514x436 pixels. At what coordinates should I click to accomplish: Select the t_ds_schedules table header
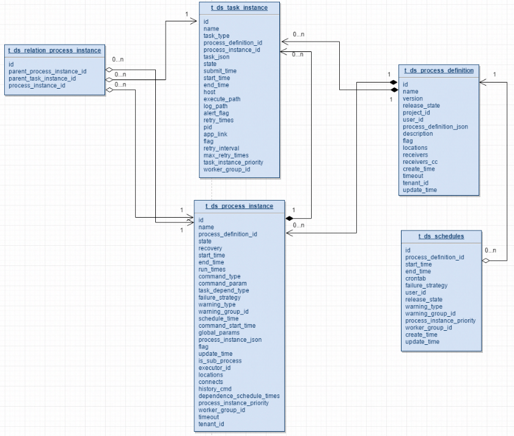pyautogui.click(x=441, y=236)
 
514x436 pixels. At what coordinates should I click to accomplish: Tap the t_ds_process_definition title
pyautogui.click(x=439, y=70)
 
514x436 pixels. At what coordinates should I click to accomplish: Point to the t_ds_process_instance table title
pyautogui.click(x=239, y=205)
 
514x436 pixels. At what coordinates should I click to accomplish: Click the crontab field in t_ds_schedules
pyautogui.click(x=416, y=278)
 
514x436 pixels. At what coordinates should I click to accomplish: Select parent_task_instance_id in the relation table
pyautogui.click(x=42, y=78)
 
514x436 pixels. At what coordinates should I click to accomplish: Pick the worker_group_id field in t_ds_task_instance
pyautogui.click(x=227, y=169)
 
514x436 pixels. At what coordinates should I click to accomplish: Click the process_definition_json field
pyautogui.click(x=435, y=127)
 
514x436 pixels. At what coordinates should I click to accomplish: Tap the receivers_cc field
pyautogui.click(x=420, y=161)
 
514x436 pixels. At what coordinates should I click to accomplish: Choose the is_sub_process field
pyautogui.click(x=220, y=361)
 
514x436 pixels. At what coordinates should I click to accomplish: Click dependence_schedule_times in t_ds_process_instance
pyautogui.click(x=239, y=396)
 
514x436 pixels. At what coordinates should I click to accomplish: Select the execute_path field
pyautogui.click(x=222, y=99)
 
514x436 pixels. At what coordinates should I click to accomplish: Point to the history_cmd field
pyautogui.click(x=215, y=389)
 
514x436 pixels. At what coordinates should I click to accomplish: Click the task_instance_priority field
pyautogui.click(x=233, y=162)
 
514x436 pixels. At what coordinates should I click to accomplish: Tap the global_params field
pyautogui.click(x=219, y=333)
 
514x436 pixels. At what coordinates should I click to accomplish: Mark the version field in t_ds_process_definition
pyautogui.click(x=413, y=98)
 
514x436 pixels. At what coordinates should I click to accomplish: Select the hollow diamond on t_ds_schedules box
pyautogui.click(x=486, y=260)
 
